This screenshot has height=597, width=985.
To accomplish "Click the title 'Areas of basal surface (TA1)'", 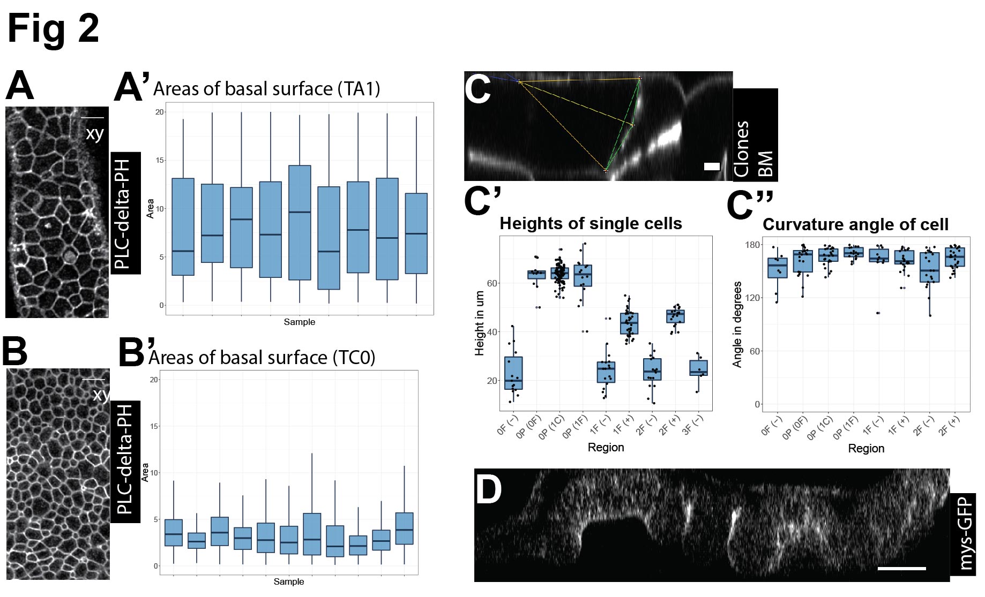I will coord(266,89).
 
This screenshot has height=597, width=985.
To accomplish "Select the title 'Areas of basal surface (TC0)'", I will coord(262,358).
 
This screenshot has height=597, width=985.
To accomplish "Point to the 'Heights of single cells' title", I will coord(591,223).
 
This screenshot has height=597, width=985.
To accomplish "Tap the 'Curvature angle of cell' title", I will coord(855,224).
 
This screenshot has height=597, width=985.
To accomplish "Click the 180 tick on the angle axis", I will coord(752,245).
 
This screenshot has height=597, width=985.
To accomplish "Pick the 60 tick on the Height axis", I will coord(492,283).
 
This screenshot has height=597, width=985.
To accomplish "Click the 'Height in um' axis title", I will coord(479,323).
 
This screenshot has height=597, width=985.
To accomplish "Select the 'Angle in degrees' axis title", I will coord(737,324).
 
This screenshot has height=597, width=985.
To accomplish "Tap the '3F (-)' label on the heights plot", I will coord(692,426).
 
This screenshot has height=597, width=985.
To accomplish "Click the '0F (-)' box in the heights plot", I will coord(513,373).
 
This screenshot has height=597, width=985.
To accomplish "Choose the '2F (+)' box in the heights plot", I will coord(675,316).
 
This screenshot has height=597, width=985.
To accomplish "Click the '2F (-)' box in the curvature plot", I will coord(929,268).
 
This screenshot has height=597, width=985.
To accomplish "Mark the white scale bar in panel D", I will coord(901,568).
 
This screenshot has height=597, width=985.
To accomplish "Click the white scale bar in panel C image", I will coord(712,167).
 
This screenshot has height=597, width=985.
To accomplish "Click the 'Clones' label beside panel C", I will coord(741,148).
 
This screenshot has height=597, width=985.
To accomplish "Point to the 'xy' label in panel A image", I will coord(95,133).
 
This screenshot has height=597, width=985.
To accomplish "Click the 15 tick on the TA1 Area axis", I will coord(159,160).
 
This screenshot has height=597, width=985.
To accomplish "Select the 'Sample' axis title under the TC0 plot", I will coord(288,581).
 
